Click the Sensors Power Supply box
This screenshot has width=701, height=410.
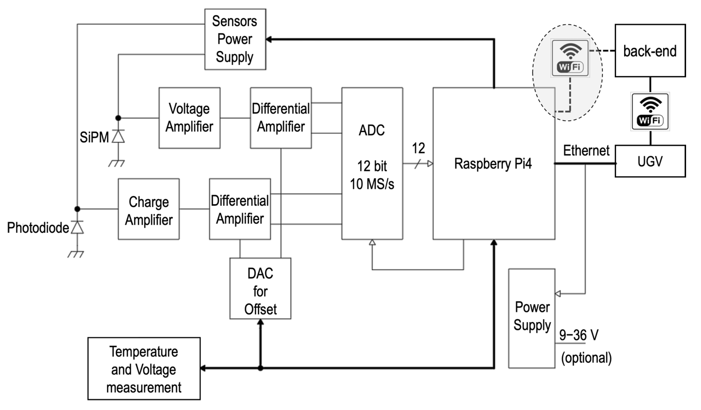[235, 39]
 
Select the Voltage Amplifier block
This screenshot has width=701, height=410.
[189, 118]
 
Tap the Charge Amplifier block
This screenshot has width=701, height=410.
[149, 209]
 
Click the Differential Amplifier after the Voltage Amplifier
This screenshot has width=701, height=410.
[281, 118]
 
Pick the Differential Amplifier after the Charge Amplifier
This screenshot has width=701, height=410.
[240, 209]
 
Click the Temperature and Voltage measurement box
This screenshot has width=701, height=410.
[144, 369]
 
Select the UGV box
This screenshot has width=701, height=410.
[650, 161]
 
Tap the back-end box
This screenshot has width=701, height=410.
[650, 51]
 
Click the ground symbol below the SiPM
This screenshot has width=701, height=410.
[116, 163]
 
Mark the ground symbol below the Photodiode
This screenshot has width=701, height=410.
[76, 254]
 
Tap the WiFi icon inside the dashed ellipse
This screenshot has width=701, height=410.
[570, 58]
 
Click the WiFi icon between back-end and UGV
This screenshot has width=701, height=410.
[650, 112]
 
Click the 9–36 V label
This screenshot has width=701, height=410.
[579, 335]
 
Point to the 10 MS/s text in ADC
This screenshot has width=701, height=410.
[372, 184]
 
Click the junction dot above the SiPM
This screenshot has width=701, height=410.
[118, 118]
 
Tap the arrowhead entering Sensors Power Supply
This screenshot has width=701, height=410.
[269, 40]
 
